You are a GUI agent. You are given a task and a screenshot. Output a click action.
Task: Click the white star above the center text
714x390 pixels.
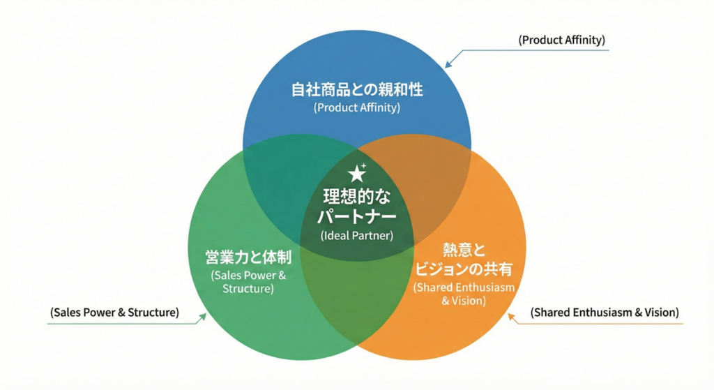point(357,172)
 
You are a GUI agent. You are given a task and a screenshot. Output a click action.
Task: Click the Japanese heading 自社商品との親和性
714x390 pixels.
point(357,90)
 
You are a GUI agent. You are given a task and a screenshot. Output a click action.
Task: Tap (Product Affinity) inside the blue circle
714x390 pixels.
point(357,108)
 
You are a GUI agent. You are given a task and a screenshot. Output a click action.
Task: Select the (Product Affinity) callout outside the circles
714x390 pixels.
point(561,40)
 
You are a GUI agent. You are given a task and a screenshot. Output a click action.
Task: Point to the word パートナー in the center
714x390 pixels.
point(357,216)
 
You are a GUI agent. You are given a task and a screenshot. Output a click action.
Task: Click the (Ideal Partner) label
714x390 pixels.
point(357,236)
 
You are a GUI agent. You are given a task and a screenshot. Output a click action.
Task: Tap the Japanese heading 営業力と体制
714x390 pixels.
point(248,257)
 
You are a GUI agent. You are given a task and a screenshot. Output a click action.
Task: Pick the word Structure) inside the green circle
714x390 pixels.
point(248,288)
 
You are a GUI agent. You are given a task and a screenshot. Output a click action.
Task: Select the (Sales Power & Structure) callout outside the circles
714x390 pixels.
point(114,313)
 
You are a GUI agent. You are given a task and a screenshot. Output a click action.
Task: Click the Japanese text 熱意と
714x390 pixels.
point(464,249)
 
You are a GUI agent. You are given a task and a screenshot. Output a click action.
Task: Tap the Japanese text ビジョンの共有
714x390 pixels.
point(464,269)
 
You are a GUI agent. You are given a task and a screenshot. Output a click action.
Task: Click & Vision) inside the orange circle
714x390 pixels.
point(464,301)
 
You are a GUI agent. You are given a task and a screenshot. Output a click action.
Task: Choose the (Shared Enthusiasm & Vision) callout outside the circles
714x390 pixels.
point(605,313)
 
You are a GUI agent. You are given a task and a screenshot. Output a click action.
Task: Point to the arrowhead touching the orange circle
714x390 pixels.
point(511,317)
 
